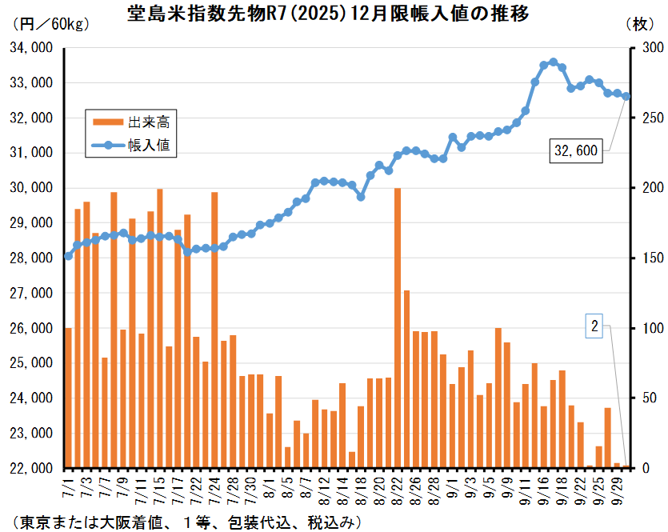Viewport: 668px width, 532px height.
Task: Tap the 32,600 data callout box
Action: [576, 150]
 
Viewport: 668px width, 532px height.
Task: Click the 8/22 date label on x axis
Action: [398, 487]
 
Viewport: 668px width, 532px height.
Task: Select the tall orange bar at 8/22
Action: [398, 328]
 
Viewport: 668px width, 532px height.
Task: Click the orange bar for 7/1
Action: [68, 398]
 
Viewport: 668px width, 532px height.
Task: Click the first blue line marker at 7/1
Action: [68, 256]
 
